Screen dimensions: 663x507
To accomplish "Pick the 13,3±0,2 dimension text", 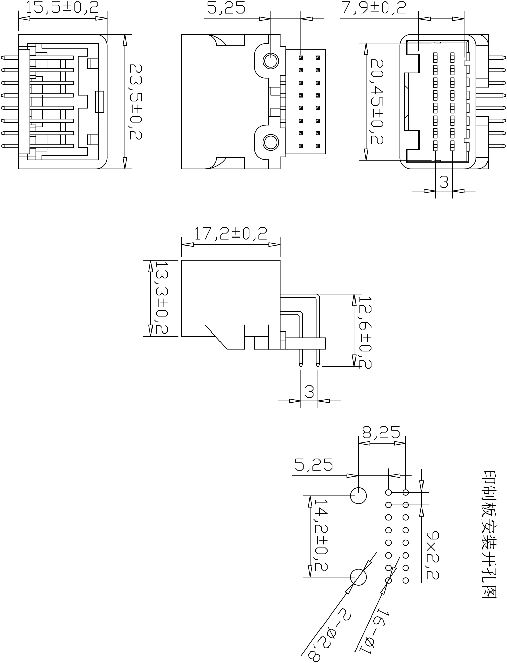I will click(161, 298).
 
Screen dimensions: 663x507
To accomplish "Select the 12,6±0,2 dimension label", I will click(364, 332).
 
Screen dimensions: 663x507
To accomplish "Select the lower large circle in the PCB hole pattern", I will click(358, 577).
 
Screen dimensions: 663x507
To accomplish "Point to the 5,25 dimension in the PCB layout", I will click(313, 465).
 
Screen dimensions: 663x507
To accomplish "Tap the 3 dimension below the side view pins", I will click(309, 392).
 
